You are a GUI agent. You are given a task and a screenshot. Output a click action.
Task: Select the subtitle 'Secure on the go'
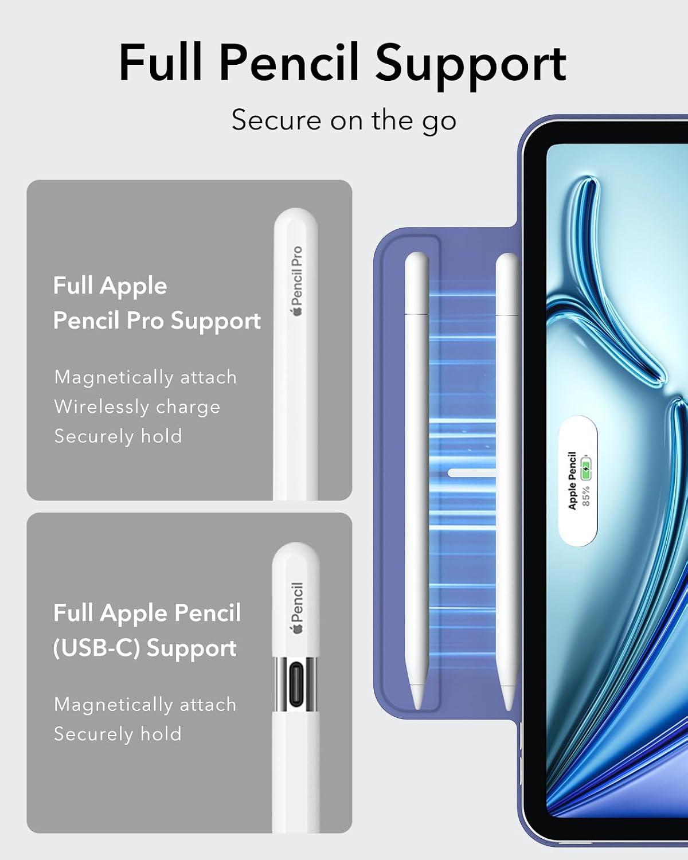coord(344,120)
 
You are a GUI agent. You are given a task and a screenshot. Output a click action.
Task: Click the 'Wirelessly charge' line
coord(137,407)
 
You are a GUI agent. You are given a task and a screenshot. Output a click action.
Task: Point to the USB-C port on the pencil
coord(296,683)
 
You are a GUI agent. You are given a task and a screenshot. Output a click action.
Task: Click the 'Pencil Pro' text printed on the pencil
coord(297,276)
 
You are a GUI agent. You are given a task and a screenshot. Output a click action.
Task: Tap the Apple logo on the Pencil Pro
coord(297,312)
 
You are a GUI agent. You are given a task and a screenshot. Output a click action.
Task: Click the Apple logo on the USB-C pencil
coord(297,628)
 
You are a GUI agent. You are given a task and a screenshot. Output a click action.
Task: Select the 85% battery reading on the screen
coord(585,496)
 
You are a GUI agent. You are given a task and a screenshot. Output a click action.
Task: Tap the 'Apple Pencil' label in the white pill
coord(572,481)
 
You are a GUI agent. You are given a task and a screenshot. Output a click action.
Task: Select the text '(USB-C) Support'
coord(144,648)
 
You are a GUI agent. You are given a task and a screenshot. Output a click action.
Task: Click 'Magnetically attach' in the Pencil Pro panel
coord(146,377)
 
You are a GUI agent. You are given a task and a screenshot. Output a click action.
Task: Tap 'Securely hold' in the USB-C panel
coord(118,734)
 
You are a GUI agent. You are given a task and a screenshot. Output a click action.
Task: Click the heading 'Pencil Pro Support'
coord(157,321)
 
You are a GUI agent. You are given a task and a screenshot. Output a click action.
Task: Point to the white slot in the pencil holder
coord(472,473)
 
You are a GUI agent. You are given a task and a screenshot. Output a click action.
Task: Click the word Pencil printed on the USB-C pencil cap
coord(297,602)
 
